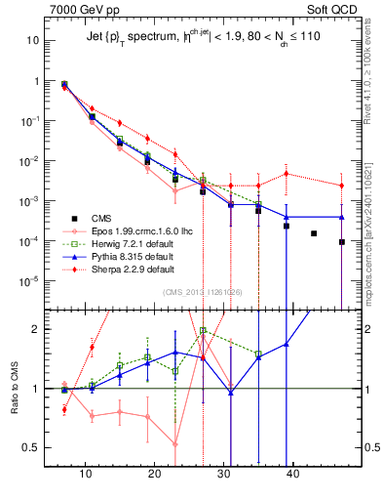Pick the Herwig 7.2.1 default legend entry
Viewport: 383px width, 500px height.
pos(121,244)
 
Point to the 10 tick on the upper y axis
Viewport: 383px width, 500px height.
pos(33,41)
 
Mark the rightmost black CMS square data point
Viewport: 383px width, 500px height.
pos(342,242)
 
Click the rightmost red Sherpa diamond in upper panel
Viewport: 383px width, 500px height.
pos(342,186)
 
